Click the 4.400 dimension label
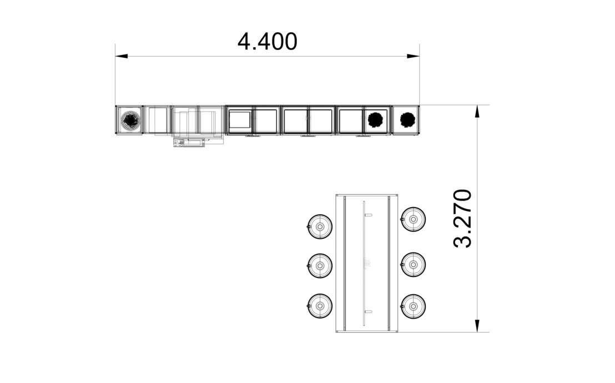click(268, 42)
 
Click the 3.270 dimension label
click(462, 218)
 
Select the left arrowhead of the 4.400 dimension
click(122, 56)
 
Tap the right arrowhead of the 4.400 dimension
click(413, 56)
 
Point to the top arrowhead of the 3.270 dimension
click(477, 112)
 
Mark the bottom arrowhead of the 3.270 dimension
click(477, 326)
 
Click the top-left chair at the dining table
click(320, 226)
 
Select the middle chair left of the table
click(320, 266)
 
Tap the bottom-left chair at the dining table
click(320, 306)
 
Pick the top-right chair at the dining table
click(414, 219)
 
